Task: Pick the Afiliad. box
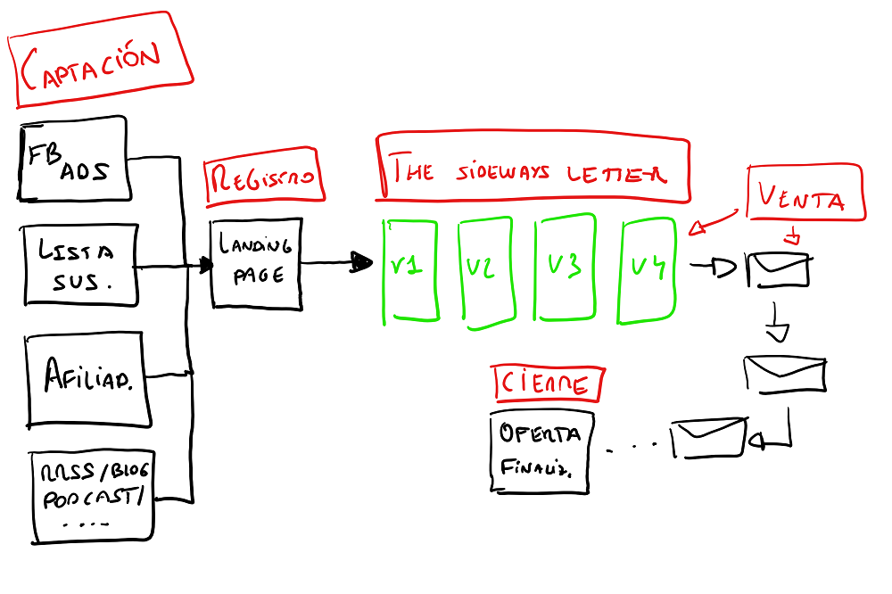pyautogui.click(x=87, y=378)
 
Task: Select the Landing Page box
pyautogui.click(x=257, y=263)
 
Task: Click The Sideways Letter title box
pyautogui.click(x=533, y=169)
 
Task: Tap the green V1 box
pyautogui.click(x=409, y=268)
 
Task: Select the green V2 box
pyautogui.click(x=484, y=268)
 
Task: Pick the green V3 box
pyautogui.click(x=564, y=268)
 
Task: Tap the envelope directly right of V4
pyautogui.click(x=778, y=269)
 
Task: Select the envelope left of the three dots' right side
pyautogui.click(x=709, y=438)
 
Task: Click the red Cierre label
pyautogui.click(x=548, y=384)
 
